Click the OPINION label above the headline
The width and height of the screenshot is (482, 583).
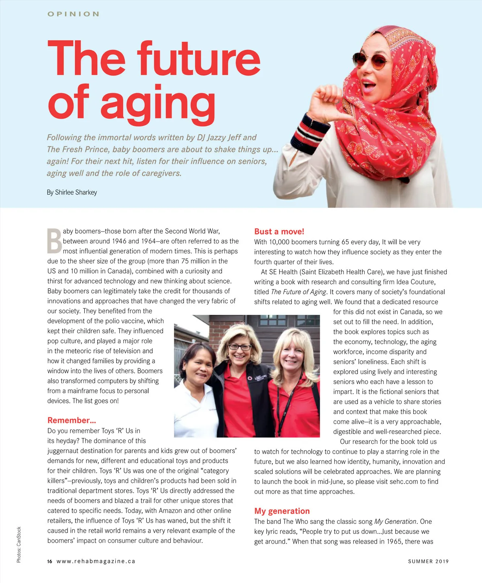[x=73, y=14]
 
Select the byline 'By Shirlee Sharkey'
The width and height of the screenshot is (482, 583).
[x=72, y=192]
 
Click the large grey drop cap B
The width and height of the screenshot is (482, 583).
[x=54, y=241]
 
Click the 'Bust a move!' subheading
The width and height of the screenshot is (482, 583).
[x=279, y=232]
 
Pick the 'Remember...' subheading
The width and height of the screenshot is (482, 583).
[x=71, y=421]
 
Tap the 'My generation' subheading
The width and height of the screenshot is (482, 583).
[x=282, y=511]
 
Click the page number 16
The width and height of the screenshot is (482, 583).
[x=49, y=561]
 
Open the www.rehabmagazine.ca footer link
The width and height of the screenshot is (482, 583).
[x=96, y=561]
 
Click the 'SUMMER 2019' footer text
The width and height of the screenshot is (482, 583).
[x=428, y=561]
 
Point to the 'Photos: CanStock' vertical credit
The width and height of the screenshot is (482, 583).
[x=19, y=545]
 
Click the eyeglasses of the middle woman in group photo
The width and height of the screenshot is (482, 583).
[x=240, y=347]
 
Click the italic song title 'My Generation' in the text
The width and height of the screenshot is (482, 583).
[x=395, y=521]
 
